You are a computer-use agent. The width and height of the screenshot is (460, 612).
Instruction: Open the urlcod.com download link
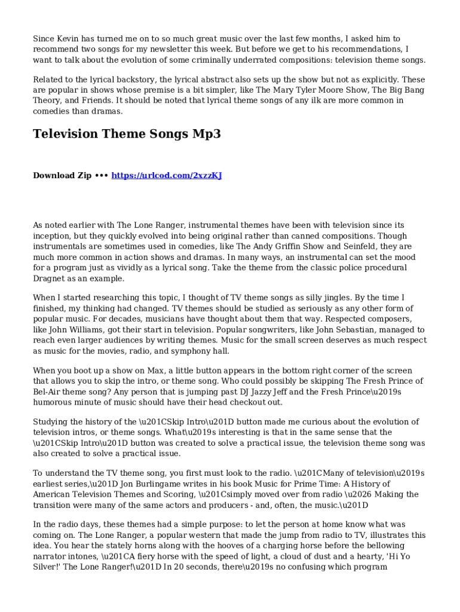point(167,176)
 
